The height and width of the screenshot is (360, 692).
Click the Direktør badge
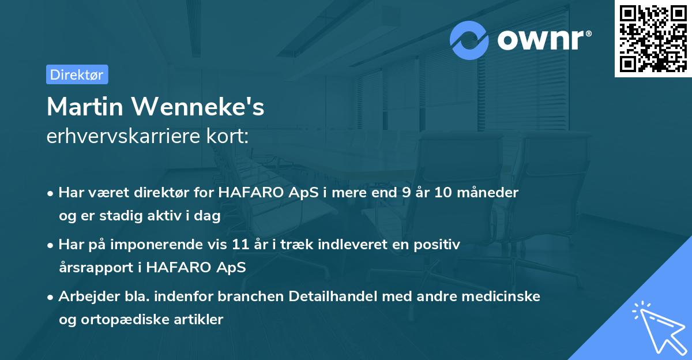coord(77,74)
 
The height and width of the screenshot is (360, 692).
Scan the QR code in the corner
coord(653,39)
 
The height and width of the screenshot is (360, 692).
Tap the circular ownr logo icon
coord(469,40)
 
